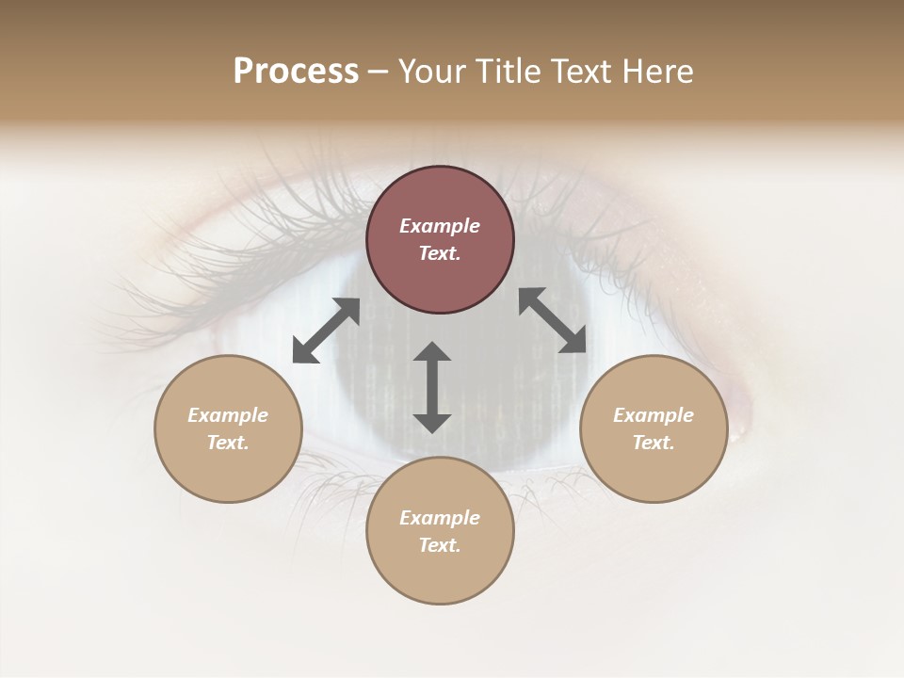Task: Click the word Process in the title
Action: [x=296, y=72]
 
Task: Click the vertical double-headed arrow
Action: [x=432, y=388]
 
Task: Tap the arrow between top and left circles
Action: [x=326, y=331]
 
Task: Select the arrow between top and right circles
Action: [x=552, y=320]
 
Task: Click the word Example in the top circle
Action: [x=440, y=226]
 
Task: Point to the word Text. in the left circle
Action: [x=228, y=443]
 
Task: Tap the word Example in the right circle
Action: [x=654, y=415]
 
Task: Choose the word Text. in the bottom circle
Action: [x=440, y=545]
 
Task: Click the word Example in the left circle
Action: [x=228, y=415]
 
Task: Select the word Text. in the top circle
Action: [x=440, y=253]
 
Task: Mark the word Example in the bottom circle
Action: [x=440, y=518]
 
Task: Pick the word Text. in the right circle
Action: [x=654, y=443]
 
